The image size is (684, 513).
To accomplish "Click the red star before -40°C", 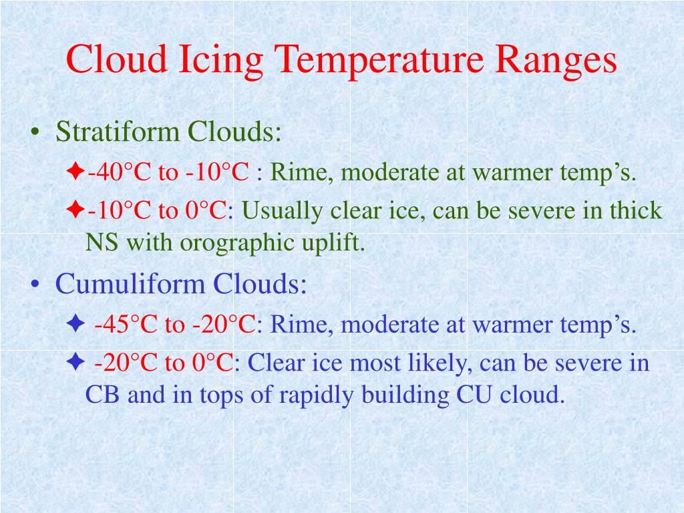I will pos(75,173).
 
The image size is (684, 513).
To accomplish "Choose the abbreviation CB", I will pos(104,394).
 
